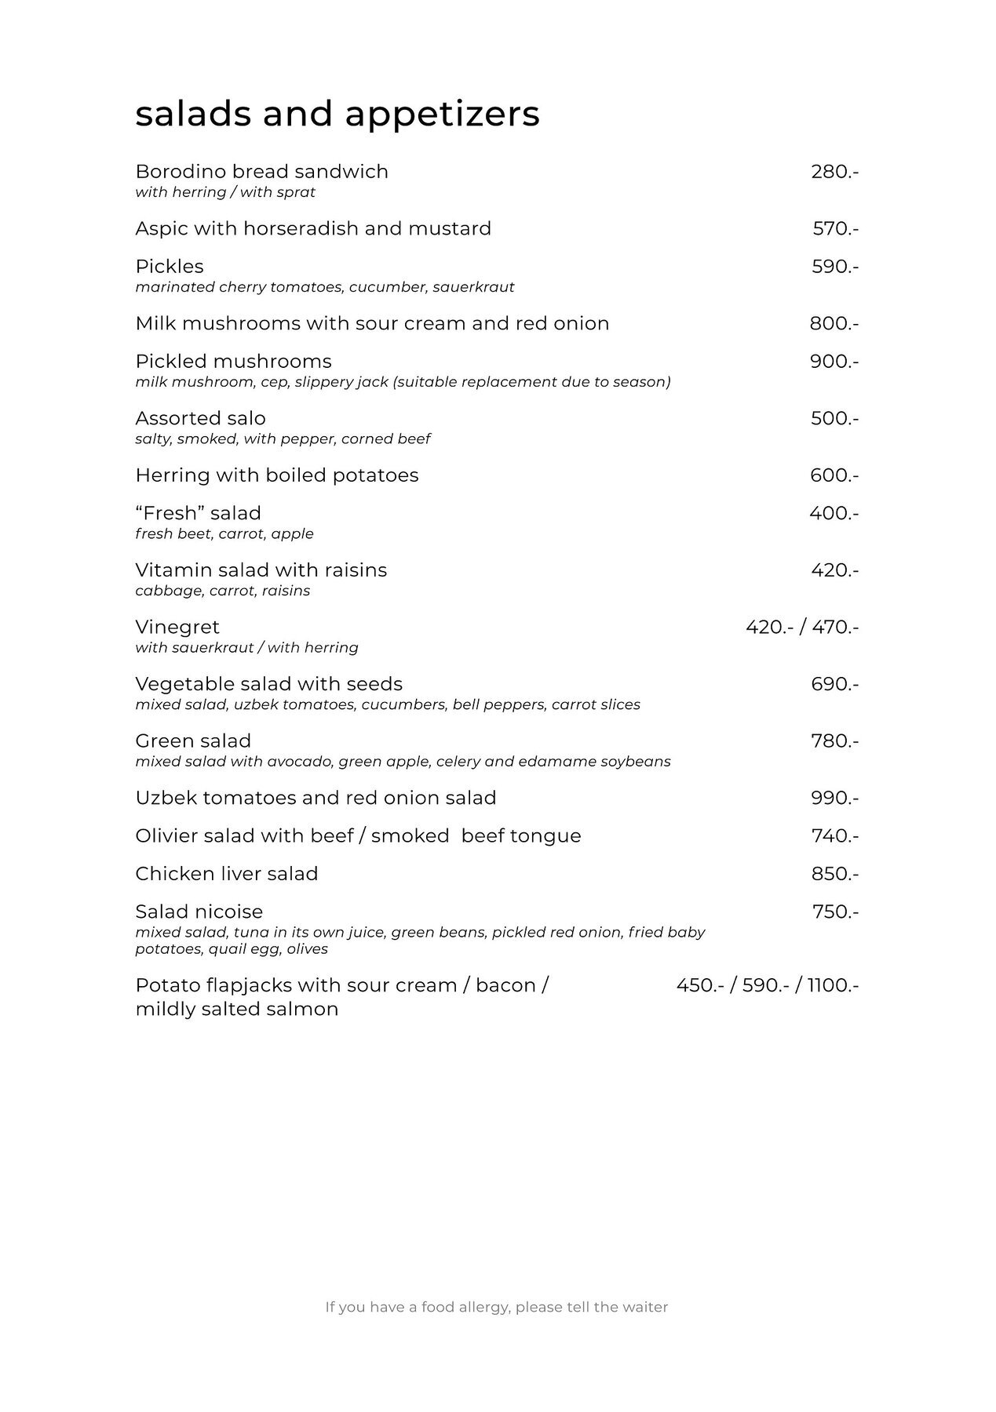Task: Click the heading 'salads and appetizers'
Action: click(x=337, y=114)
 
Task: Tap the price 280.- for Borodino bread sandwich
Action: click(x=834, y=172)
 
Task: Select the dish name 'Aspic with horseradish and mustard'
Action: click(x=313, y=229)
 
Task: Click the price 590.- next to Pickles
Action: click(x=834, y=267)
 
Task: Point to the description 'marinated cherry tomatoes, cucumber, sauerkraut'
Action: click(x=324, y=287)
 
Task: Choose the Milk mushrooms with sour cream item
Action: click(x=372, y=324)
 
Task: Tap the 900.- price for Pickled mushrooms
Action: click(x=834, y=362)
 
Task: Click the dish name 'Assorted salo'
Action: click(x=200, y=419)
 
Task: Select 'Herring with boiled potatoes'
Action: click(x=276, y=475)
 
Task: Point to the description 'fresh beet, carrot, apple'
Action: click(x=224, y=534)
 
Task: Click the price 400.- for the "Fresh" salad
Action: click(x=834, y=514)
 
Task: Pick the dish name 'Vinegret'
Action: click(x=177, y=628)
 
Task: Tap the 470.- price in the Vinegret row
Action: click(x=835, y=628)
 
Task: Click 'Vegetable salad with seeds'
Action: click(x=268, y=684)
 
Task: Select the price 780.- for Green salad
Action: click(x=834, y=741)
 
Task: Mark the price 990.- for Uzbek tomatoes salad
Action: click(x=834, y=799)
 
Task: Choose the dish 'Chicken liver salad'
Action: click(x=226, y=874)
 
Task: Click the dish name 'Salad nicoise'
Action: click(x=199, y=912)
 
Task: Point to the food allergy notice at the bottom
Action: click(x=497, y=1308)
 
